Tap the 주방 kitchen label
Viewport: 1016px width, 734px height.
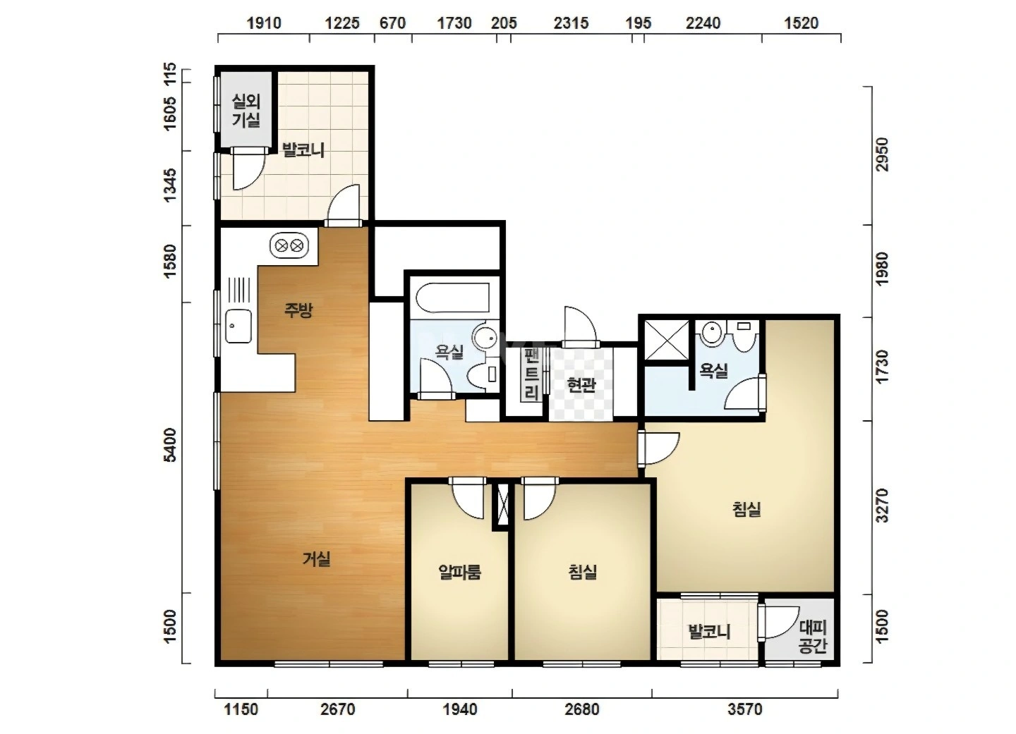point(298,310)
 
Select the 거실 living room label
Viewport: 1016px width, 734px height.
point(316,559)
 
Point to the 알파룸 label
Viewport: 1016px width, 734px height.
point(459,572)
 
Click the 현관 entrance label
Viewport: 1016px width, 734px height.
point(581,385)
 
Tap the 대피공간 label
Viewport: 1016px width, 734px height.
point(813,637)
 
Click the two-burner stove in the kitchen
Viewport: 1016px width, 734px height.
point(289,246)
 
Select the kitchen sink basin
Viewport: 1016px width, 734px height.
point(238,326)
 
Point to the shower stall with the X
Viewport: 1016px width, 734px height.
point(667,341)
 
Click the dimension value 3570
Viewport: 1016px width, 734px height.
point(745,709)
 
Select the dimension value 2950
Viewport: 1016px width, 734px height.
point(882,154)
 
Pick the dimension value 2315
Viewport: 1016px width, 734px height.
point(571,23)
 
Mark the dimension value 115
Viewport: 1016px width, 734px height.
point(169,74)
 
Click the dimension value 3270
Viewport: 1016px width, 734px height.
point(882,506)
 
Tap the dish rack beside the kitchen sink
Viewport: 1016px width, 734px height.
point(238,290)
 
